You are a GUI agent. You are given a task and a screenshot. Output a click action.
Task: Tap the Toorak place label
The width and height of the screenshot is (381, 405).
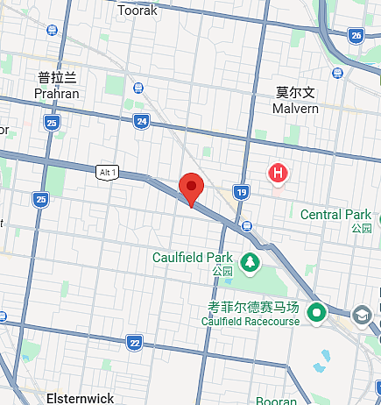(x=138, y=11)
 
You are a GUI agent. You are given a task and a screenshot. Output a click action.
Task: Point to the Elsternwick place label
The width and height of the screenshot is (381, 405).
(x=80, y=397)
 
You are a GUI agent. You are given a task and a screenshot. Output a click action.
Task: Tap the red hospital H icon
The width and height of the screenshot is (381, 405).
(x=278, y=173)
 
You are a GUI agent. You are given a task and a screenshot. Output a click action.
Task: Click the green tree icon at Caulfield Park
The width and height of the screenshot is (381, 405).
(x=250, y=259)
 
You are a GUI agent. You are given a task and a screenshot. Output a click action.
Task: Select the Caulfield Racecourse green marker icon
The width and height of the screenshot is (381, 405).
(x=316, y=311)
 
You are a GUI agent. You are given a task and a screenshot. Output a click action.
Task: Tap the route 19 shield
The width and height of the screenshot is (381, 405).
(x=242, y=192)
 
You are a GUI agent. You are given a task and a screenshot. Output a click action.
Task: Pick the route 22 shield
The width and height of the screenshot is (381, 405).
(x=133, y=341)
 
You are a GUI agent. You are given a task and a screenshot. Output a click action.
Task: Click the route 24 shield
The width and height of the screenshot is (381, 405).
(x=141, y=121)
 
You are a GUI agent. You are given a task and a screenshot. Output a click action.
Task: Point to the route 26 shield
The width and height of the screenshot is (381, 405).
(x=355, y=35)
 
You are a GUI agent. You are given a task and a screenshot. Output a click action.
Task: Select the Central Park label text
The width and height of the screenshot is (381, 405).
(x=335, y=215)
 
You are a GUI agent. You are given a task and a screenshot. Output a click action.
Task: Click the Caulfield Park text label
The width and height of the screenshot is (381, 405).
(x=192, y=258)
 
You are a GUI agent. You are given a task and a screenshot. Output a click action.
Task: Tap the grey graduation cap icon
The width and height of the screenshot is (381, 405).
(x=362, y=314)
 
